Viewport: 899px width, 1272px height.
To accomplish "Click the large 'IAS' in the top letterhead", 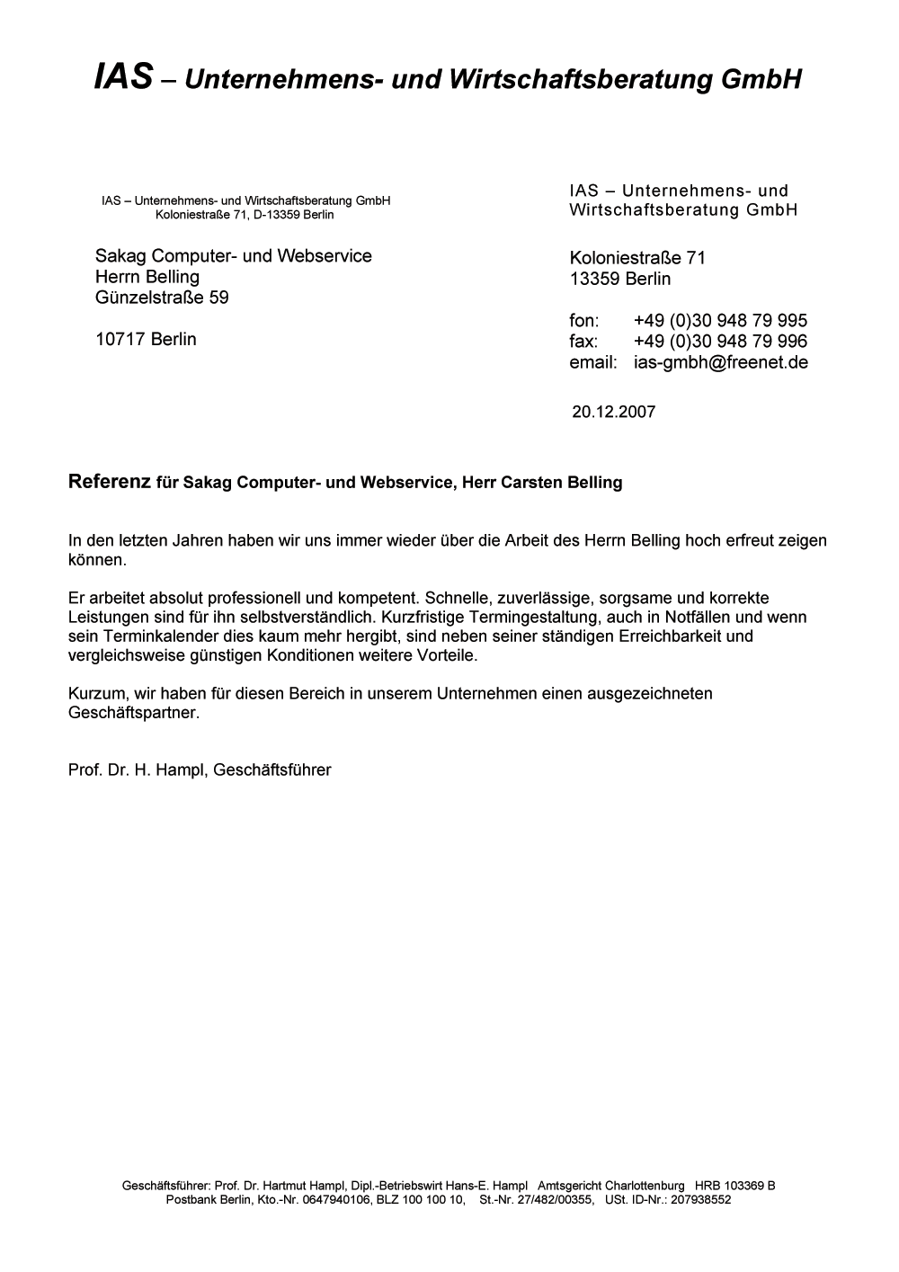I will [123, 78].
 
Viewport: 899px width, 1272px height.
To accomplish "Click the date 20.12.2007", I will [613, 413].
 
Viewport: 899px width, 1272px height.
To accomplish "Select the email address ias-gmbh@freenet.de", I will [720, 362].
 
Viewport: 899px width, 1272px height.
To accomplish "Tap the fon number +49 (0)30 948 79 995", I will [720, 321].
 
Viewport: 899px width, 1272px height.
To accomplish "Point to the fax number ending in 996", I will [720, 342].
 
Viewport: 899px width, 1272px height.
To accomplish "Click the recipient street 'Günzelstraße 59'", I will [162, 298].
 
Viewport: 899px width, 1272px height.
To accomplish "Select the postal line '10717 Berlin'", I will [146, 340].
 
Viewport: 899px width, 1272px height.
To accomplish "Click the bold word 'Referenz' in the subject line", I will [109, 482].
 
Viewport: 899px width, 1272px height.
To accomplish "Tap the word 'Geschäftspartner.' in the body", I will [134, 713].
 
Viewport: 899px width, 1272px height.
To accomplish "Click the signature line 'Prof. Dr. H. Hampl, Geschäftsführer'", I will [200, 770].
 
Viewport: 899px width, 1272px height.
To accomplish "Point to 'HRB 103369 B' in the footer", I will [734, 1186].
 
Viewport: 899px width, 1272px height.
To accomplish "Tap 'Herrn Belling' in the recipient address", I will [147, 277].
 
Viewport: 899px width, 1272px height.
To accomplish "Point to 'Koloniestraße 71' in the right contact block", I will [637, 258].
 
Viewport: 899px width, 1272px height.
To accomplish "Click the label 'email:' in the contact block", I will [592, 362].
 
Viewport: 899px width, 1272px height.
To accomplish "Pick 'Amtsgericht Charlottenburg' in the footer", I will [610, 1186].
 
